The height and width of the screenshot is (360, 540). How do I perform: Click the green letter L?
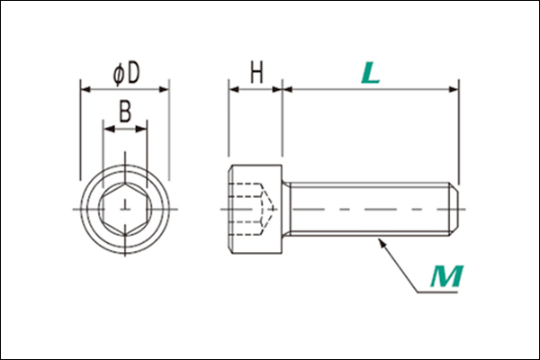[370, 73]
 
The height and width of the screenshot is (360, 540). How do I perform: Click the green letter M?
[447, 276]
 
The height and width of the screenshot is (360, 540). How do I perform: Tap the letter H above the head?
[256, 72]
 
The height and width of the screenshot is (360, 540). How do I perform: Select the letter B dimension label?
[125, 111]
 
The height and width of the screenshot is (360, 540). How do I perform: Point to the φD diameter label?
[126, 74]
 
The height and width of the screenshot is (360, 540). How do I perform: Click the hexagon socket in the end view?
[125, 209]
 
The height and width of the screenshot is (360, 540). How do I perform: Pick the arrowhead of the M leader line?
[382, 242]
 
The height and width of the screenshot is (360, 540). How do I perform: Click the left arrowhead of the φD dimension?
[85, 90]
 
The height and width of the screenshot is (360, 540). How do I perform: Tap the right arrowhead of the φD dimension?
[165, 90]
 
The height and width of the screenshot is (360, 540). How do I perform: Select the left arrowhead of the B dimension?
[109, 130]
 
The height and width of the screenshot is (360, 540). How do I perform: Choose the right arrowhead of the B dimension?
[141, 130]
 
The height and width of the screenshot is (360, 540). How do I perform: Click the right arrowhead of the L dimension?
[454, 90]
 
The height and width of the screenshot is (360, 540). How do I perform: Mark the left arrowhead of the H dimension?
[234, 90]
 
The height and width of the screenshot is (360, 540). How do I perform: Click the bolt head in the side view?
[256, 209]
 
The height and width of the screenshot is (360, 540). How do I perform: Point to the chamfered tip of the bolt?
[454, 209]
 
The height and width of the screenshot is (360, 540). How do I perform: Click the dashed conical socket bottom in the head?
[268, 209]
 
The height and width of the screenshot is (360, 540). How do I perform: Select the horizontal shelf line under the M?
[437, 292]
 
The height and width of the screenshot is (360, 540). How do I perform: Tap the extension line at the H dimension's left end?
[229, 118]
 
